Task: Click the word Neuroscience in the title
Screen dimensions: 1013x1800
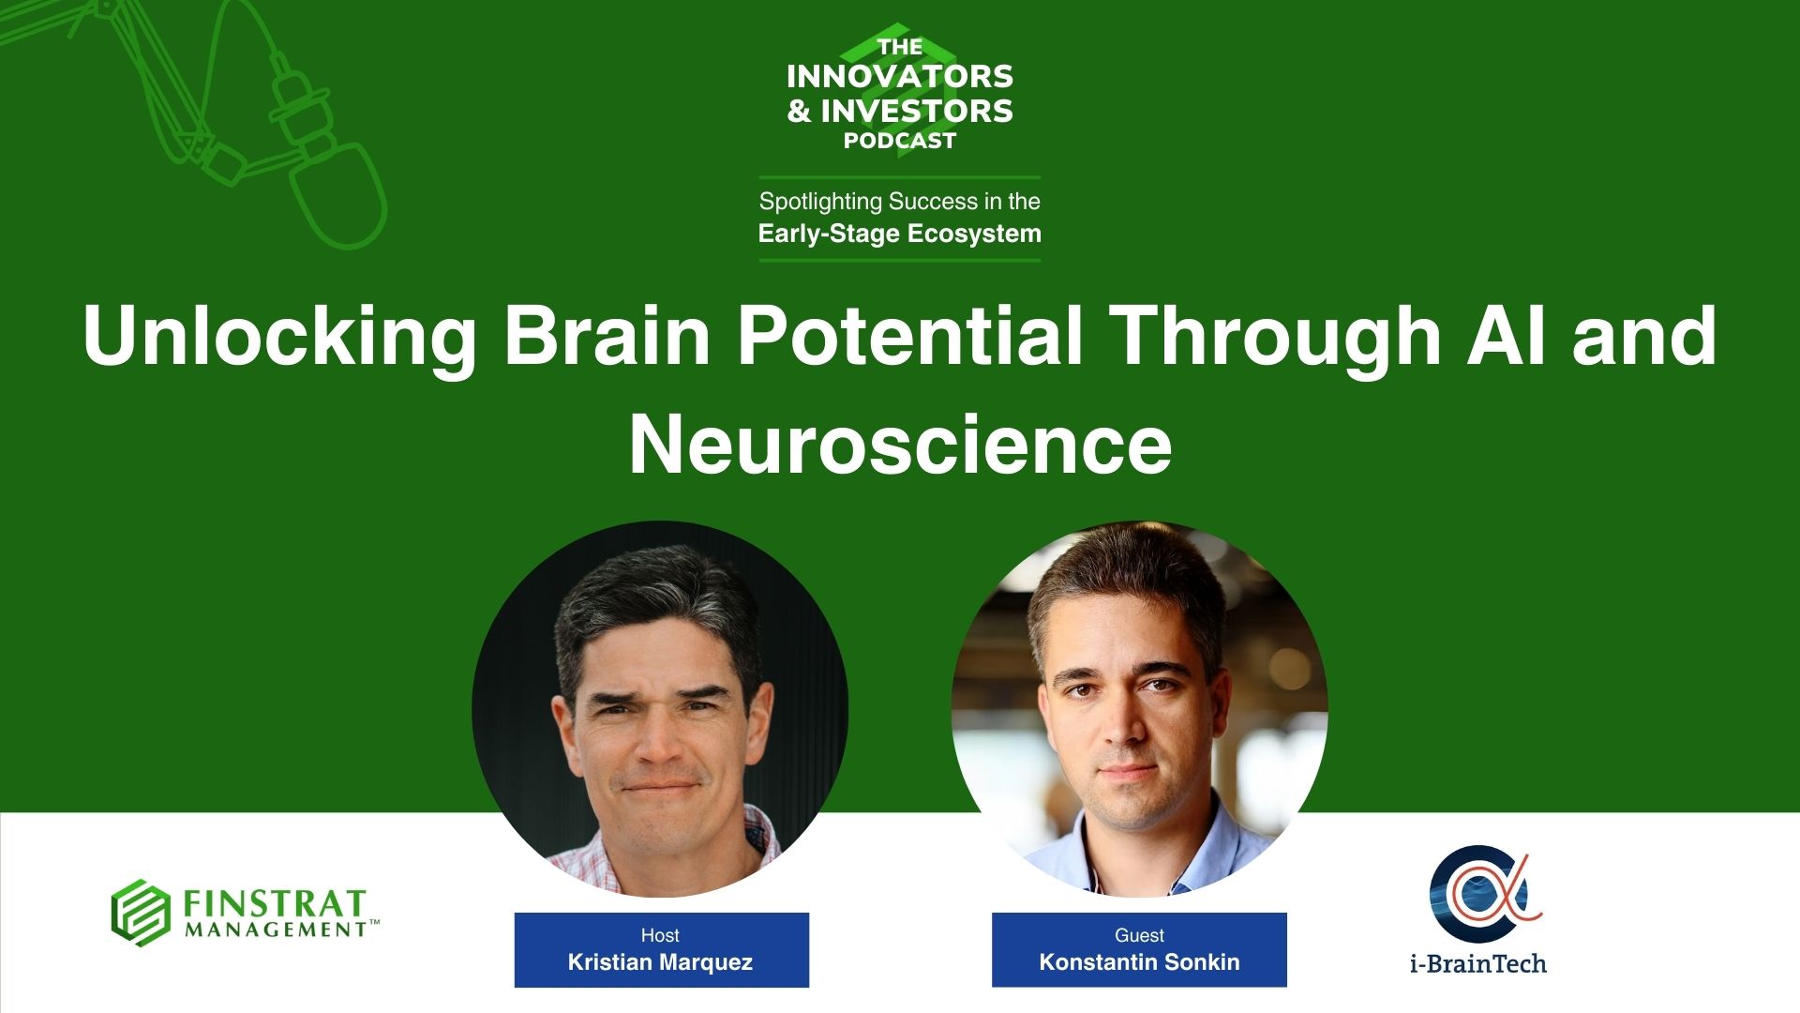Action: point(900,446)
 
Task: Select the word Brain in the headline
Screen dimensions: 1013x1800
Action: point(607,336)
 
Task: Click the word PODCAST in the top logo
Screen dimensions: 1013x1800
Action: point(900,141)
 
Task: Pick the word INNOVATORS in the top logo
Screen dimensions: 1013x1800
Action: point(900,76)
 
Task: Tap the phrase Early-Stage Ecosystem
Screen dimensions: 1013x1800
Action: point(900,234)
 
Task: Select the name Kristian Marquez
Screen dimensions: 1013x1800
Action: point(660,962)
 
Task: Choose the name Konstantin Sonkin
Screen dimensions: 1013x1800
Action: point(1139,962)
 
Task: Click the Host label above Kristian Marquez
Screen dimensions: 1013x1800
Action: point(660,935)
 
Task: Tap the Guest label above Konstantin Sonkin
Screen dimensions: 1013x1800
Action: point(1139,935)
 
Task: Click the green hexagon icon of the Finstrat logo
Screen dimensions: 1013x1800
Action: point(141,913)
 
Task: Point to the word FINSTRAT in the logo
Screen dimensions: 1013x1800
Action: point(274,904)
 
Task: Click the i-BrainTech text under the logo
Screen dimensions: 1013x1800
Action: point(1478,963)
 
